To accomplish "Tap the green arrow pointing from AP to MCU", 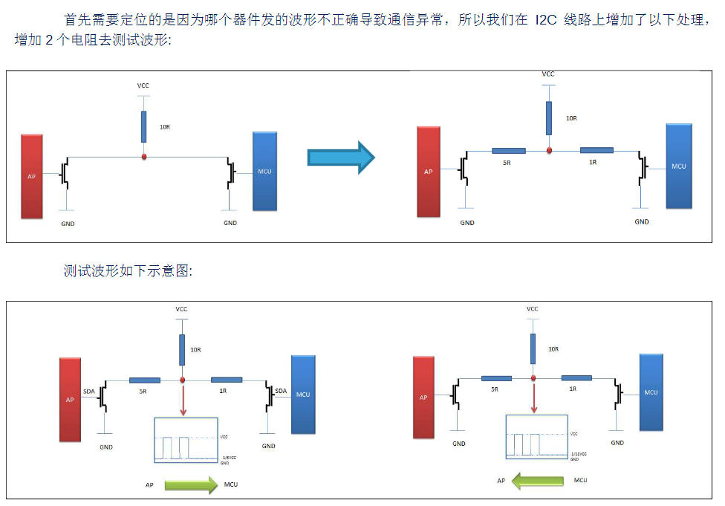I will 190,485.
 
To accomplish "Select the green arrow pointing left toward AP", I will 539,481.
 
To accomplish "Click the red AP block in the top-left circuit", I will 32,176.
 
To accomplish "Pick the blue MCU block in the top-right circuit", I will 678,166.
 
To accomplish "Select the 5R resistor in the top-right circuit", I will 509,151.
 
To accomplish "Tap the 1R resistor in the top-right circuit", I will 596,150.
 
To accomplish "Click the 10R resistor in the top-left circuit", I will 143,127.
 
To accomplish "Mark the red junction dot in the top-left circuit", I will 143,157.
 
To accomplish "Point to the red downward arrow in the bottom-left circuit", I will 182,401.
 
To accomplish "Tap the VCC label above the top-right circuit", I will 548,74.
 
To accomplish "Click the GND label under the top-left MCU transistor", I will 230,223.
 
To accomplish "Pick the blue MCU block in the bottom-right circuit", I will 651,392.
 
